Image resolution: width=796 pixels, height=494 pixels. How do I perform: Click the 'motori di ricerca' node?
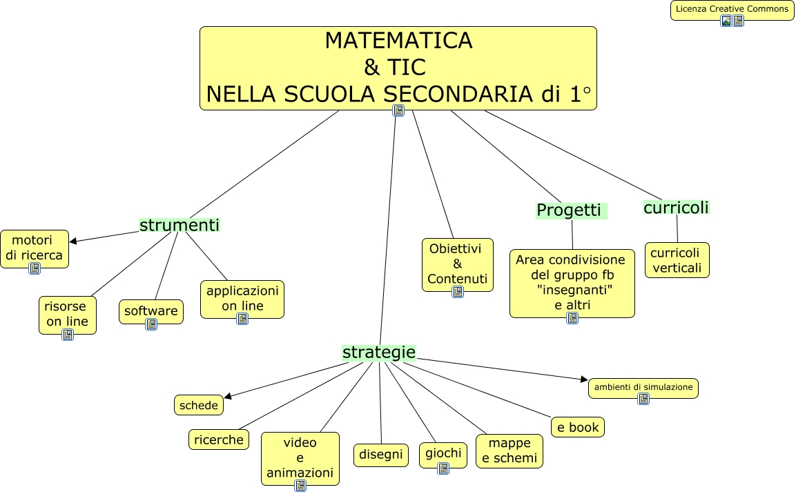click(x=35, y=248)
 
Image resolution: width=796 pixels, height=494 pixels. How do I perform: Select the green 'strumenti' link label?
click(x=179, y=225)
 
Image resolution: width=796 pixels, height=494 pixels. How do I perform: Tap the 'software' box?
click(x=151, y=311)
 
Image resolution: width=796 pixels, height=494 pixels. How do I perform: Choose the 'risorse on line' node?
click(x=67, y=314)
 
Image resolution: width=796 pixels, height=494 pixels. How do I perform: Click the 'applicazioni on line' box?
click(x=242, y=299)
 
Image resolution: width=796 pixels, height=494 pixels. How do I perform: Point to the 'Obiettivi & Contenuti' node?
click(x=458, y=264)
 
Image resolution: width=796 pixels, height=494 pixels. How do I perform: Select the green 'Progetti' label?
click(x=570, y=210)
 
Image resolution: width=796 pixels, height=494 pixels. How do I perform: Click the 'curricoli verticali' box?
click(x=677, y=259)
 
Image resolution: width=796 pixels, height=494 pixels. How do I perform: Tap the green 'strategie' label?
click(x=379, y=353)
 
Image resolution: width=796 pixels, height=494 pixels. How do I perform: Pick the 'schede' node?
click(x=199, y=406)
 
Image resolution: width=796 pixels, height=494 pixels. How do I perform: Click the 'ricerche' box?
click(x=219, y=439)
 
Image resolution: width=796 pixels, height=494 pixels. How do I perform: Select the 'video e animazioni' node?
click(x=300, y=457)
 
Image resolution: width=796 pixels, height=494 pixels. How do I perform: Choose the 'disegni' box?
click(x=380, y=455)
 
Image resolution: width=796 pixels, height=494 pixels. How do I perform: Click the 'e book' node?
click(x=579, y=427)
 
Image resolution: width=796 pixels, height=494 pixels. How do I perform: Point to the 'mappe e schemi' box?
click(x=509, y=451)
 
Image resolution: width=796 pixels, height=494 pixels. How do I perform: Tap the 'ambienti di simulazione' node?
click(x=643, y=388)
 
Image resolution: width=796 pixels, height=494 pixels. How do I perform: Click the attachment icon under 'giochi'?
click(x=443, y=468)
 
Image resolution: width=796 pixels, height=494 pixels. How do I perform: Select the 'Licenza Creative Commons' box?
click(x=732, y=10)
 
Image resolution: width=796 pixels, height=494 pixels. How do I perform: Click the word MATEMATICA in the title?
click(x=398, y=41)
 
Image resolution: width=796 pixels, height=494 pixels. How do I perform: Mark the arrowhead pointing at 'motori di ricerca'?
click(x=73, y=241)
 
